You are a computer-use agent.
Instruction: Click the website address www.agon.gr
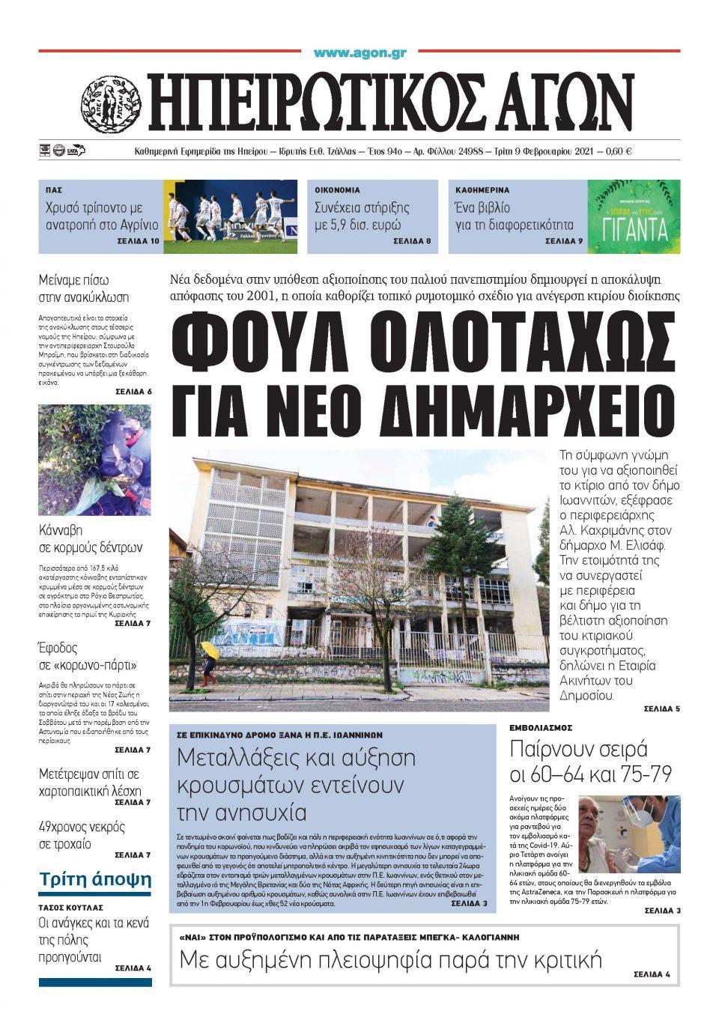click(x=360, y=52)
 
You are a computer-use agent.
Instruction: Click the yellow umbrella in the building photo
click(x=210, y=649)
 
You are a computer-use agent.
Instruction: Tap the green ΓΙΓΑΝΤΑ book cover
click(x=634, y=216)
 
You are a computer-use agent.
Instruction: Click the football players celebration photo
click(x=231, y=216)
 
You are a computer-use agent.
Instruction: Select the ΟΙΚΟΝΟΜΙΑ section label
click(x=337, y=190)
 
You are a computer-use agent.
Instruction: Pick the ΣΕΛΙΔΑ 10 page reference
click(x=139, y=242)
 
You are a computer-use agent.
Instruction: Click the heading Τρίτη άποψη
click(x=95, y=878)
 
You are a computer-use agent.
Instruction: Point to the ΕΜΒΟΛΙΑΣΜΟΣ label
click(x=541, y=728)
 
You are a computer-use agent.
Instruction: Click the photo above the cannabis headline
click(x=94, y=459)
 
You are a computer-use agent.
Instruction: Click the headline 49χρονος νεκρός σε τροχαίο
click(x=82, y=835)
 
